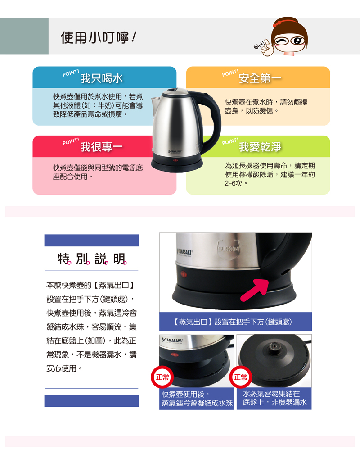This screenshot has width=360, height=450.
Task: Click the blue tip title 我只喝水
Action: pyautogui.click(x=101, y=78)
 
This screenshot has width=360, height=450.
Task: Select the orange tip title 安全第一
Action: pyautogui.click(x=260, y=78)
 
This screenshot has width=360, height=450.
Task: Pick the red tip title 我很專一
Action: pyautogui.click(x=101, y=147)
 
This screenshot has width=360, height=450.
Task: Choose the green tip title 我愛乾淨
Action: pyautogui.click(x=260, y=147)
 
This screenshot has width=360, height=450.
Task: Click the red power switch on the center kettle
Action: pyautogui.click(x=175, y=160)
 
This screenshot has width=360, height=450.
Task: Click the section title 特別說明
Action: pyautogui.click(x=92, y=259)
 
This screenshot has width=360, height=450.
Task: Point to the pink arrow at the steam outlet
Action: pyautogui.click(x=255, y=289)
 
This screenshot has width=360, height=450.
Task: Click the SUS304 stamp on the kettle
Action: pyautogui.click(x=229, y=249)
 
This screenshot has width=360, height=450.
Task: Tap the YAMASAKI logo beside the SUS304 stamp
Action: pyautogui.click(x=184, y=252)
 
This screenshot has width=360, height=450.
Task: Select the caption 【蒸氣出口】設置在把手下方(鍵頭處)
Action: pyautogui.click(x=233, y=322)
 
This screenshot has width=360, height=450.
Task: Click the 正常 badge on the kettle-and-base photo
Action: pyautogui.click(x=162, y=377)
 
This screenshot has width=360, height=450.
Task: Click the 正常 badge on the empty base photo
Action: pyautogui.click(x=241, y=377)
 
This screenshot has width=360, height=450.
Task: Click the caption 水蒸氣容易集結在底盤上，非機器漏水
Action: pyautogui.click(x=274, y=398)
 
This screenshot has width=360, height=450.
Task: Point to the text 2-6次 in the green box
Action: pyautogui.click(x=234, y=183)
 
